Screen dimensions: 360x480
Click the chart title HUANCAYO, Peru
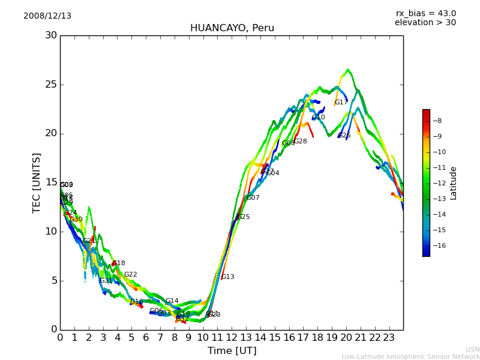(232, 28)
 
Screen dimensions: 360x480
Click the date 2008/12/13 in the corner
(47, 16)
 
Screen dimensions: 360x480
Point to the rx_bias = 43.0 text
(425, 13)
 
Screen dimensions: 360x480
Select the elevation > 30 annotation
(425, 23)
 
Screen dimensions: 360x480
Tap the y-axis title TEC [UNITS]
(37, 182)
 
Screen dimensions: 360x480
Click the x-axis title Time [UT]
(232, 350)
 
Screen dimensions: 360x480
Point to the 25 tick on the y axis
(51, 85)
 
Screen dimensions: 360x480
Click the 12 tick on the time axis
(232, 337)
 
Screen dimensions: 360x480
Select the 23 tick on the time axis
(389, 337)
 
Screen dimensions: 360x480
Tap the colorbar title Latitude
(454, 182)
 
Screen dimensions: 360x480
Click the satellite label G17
(341, 103)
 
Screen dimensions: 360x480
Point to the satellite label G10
(318, 118)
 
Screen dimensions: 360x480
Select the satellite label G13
(228, 277)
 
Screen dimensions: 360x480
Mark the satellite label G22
(130, 275)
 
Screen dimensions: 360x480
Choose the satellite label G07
(253, 198)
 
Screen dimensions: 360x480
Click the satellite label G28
(300, 142)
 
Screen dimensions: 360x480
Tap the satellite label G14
(172, 301)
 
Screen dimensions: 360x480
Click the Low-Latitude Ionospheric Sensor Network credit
(410, 357)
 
